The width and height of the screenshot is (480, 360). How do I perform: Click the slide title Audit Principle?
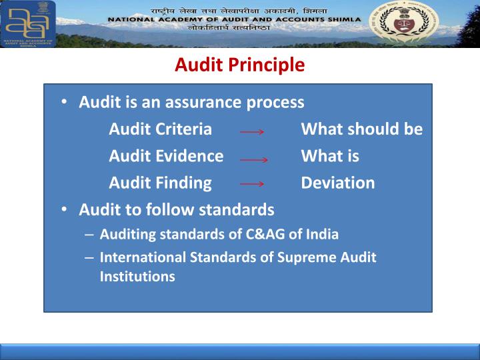click(x=239, y=65)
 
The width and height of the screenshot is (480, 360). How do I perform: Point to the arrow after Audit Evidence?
click(x=253, y=160)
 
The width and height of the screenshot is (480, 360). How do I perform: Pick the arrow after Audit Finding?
click(x=252, y=183)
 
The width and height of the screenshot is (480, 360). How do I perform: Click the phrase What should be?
click(x=361, y=129)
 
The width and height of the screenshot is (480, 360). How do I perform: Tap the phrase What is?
click(x=330, y=156)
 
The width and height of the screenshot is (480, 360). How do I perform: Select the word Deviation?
click(x=337, y=183)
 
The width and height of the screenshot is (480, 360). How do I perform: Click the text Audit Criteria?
click(x=160, y=129)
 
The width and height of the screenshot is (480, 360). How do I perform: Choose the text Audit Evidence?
click(x=166, y=156)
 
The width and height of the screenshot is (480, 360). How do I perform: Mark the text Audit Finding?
click(x=160, y=183)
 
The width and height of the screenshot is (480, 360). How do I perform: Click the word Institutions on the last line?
click(x=137, y=275)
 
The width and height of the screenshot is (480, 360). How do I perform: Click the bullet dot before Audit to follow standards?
click(x=62, y=209)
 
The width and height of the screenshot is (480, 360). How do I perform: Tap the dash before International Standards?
click(x=89, y=257)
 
